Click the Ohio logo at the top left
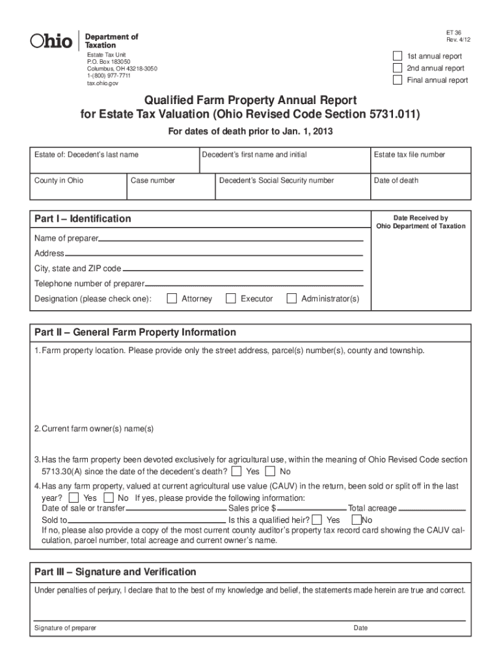(51, 41)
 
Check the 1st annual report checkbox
(398, 56)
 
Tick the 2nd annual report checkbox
(398, 68)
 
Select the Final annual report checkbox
(398, 80)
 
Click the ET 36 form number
(454, 32)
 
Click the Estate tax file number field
(419, 164)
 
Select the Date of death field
(419, 189)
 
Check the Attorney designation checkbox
(172, 299)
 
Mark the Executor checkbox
(230, 299)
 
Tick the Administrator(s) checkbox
(291, 299)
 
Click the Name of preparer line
(230, 240)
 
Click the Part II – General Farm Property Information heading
(135, 332)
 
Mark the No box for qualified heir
(356, 520)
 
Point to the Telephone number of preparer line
(254, 284)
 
